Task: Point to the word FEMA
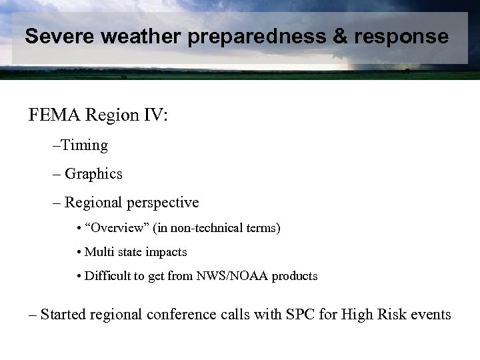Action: click(x=53, y=117)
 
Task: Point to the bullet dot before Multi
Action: click(x=79, y=253)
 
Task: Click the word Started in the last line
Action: click(x=64, y=313)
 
